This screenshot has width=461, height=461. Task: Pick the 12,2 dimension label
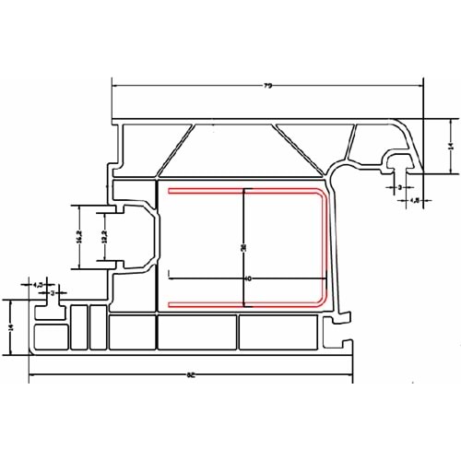105,237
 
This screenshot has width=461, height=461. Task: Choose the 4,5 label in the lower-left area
38,285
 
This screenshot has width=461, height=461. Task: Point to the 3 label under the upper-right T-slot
399,187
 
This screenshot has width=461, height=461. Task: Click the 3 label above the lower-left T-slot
53,292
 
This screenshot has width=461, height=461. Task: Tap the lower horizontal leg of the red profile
244,303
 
